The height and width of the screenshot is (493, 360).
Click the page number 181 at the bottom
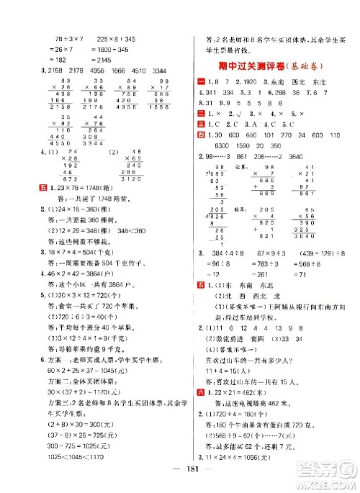(189, 481)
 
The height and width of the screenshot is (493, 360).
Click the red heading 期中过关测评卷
(254, 67)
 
